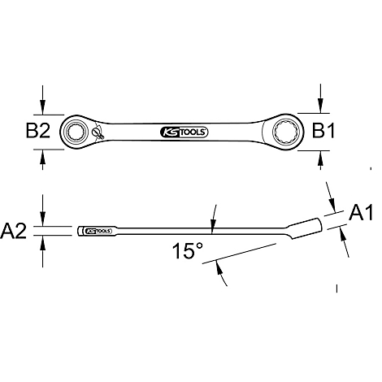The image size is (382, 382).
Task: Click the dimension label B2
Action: pyautogui.click(x=39, y=130)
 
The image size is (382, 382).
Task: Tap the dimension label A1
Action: pyautogui.click(x=359, y=213)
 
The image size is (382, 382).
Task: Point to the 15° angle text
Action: pyautogui.click(x=188, y=251)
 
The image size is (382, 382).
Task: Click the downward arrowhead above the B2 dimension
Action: pyautogui.click(x=43, y=106)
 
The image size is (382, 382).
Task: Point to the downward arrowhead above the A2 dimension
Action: pyautogui.click(x=43, y=220)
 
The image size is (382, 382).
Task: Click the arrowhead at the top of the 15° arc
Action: pyautogui.click(x=213, y=223)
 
